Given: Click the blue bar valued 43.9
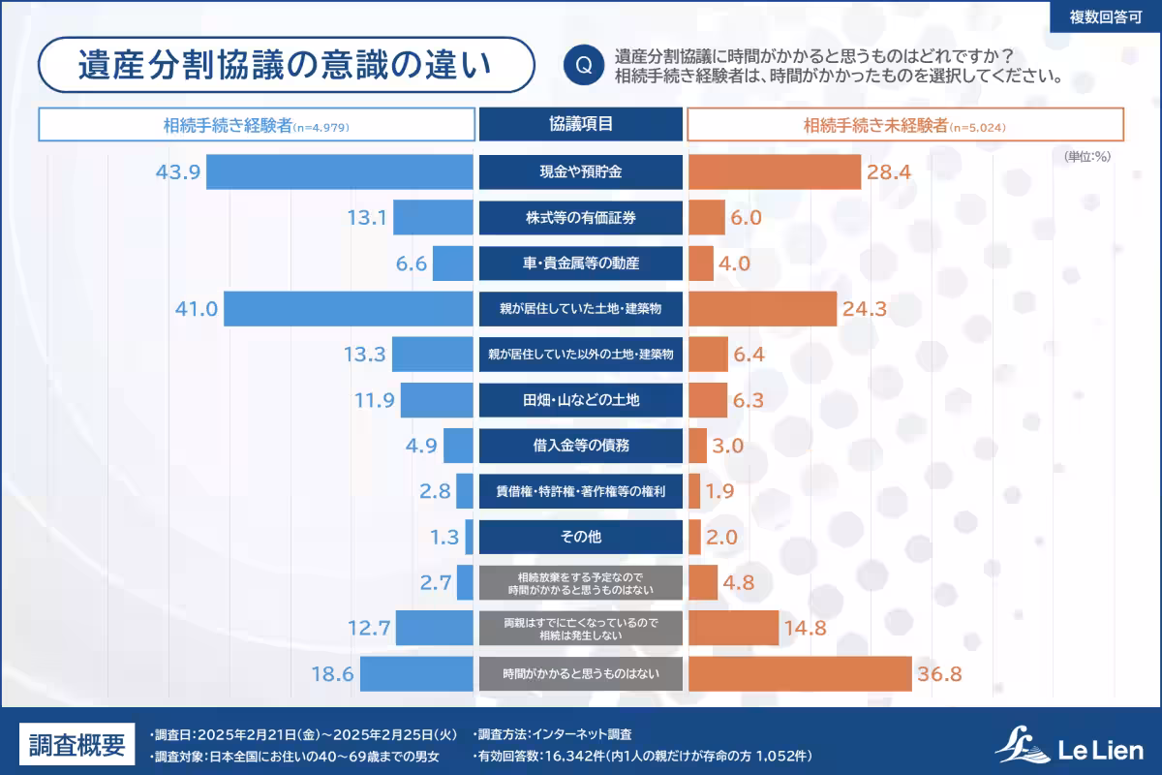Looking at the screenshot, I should pos(340,172).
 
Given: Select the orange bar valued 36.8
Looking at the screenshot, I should pos(800,673).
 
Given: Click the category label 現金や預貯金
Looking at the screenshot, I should pos(581,172).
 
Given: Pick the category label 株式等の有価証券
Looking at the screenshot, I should pos(581,218).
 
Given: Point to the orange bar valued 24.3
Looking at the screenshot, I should pos(762,309).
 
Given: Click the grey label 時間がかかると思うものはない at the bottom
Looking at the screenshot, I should pos(581,673).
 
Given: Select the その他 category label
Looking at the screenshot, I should pos(581,537).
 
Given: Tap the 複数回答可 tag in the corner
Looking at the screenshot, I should pos(1105,17).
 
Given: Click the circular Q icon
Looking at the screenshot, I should pos(583,65).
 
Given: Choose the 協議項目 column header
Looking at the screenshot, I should pos(581,124).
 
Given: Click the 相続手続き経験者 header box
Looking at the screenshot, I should pos(257,125).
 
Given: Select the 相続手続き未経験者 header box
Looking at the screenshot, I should pos(905,125).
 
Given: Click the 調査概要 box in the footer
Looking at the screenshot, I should pos(76,744).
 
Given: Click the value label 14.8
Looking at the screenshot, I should pos(806,628).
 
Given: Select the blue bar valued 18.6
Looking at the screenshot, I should pos(416,673).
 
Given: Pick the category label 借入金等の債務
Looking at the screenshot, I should pos(581,446).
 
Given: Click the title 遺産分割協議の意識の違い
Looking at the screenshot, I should pos(286,65).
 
